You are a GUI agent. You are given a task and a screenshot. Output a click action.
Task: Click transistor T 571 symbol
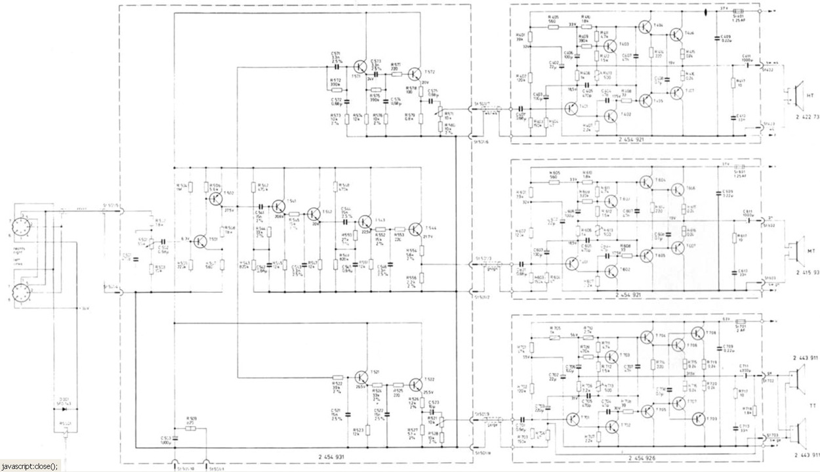[360, 66]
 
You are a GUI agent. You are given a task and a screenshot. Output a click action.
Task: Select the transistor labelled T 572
[415, 76]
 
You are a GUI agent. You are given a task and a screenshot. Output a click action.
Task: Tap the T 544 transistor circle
[415, 228]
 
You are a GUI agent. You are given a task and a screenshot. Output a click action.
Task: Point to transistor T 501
[201, 242]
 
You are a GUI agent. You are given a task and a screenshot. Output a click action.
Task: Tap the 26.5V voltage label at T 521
[361, 387]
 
